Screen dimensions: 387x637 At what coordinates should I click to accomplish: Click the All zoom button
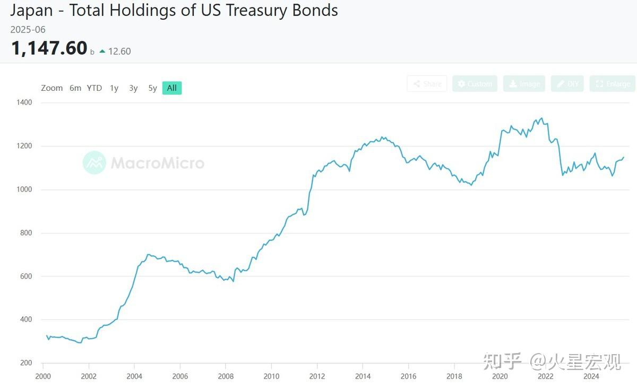172,88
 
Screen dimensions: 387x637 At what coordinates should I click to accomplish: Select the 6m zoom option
75,88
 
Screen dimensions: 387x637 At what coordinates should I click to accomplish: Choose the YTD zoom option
94,88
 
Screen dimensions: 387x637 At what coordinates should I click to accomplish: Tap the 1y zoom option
114,88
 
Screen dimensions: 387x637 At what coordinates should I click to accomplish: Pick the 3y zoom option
133,88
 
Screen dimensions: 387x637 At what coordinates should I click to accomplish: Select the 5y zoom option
152,88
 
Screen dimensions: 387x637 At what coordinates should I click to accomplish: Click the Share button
427,84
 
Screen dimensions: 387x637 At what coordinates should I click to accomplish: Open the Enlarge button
613,84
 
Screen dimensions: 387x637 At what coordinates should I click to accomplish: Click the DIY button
567,84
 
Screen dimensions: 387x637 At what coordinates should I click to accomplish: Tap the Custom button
475,84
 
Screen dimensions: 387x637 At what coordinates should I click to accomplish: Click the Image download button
524,84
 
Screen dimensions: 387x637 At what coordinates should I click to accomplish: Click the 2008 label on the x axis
226,376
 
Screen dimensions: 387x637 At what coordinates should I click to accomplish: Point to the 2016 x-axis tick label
408,376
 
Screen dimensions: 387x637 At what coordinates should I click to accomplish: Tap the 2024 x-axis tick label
591,376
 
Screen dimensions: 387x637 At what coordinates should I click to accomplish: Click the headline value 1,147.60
49,48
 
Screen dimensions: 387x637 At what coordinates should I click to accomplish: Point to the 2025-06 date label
28,30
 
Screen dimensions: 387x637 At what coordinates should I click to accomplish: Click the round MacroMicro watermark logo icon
94,162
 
